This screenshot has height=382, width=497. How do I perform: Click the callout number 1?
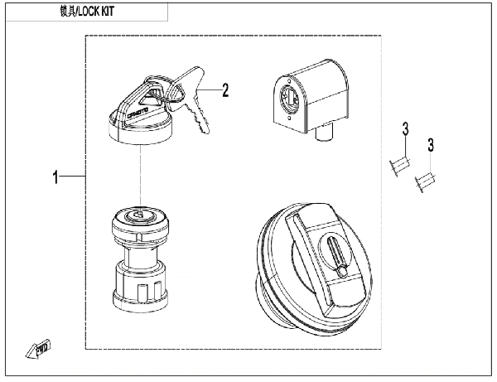tap(55, 177)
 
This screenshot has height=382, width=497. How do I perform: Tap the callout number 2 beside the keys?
tap(224, 89)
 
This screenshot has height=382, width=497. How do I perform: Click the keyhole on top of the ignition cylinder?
tap(138, 217)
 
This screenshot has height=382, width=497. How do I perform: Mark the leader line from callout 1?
tap(73, 177)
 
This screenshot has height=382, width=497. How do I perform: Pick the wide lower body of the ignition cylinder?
tap(138, 286)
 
